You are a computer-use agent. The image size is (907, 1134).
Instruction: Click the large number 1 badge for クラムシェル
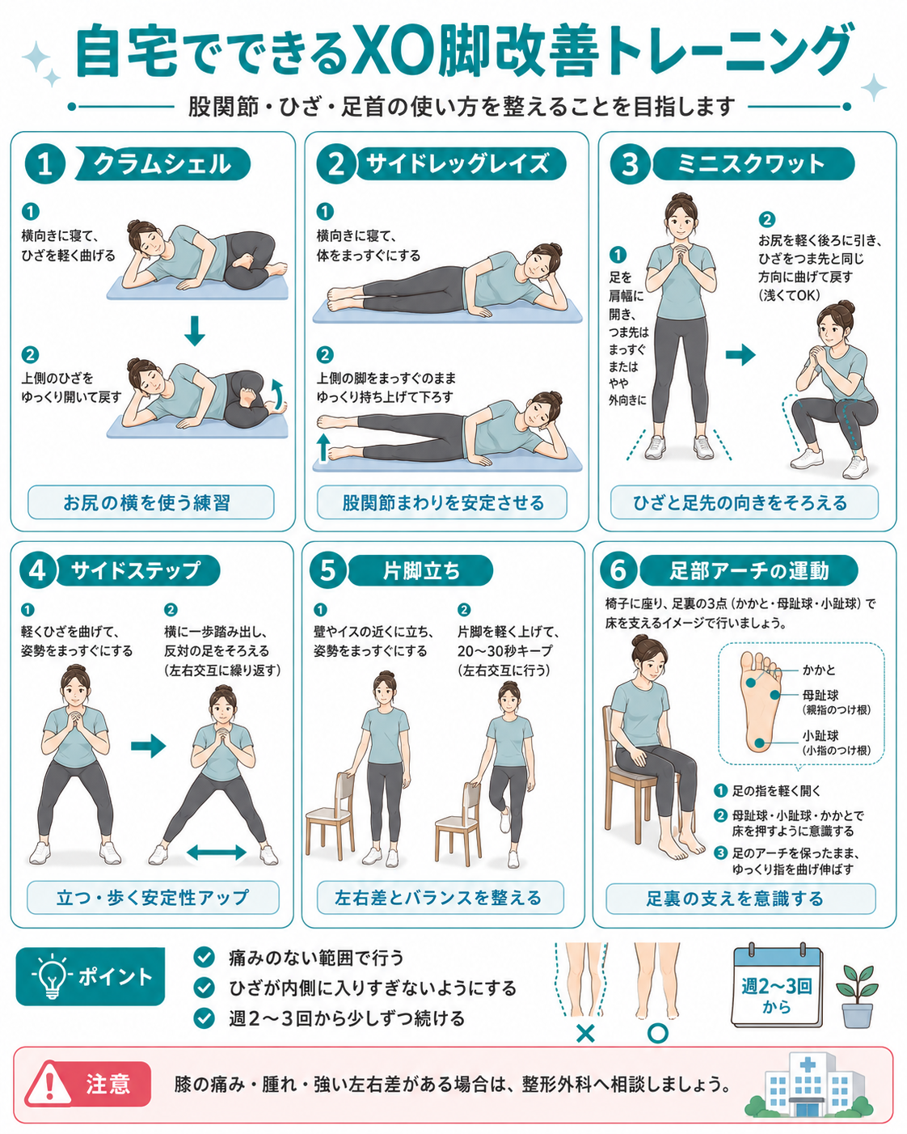click(x=44, y=163)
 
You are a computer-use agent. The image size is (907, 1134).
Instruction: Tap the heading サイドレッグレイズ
click(x=458, y=163)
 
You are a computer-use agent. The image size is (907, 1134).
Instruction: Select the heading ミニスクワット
click(x=750, y=163)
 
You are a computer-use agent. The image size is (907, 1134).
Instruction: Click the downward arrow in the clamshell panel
click(x=194, y=330)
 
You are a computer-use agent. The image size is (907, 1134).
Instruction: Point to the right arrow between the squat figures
click(x=740, y=354)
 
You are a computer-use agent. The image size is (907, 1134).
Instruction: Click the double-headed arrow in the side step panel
click(x=217, y=853)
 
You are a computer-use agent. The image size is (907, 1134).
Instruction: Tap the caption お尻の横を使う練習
click(x=146, y=503)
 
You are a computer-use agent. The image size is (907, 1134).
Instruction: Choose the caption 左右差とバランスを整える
click(x=438, y=897)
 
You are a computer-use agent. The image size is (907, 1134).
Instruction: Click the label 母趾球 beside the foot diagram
click(x=820, y=695)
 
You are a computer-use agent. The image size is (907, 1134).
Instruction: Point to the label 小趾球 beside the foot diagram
click(x=820, y=735)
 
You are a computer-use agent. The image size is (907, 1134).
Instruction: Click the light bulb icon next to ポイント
click(x=52, y=976)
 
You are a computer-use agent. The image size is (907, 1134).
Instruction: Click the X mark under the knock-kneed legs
click(x=585, y=1034)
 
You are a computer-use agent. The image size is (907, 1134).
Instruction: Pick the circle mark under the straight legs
click(x=657, y=1034)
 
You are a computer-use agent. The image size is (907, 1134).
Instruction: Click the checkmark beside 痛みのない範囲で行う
click(x=204, y=957)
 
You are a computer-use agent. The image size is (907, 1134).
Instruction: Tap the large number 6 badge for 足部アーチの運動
click(x=618, y=571)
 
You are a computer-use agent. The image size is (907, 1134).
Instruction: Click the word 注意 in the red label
click(x=108, y=1083)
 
